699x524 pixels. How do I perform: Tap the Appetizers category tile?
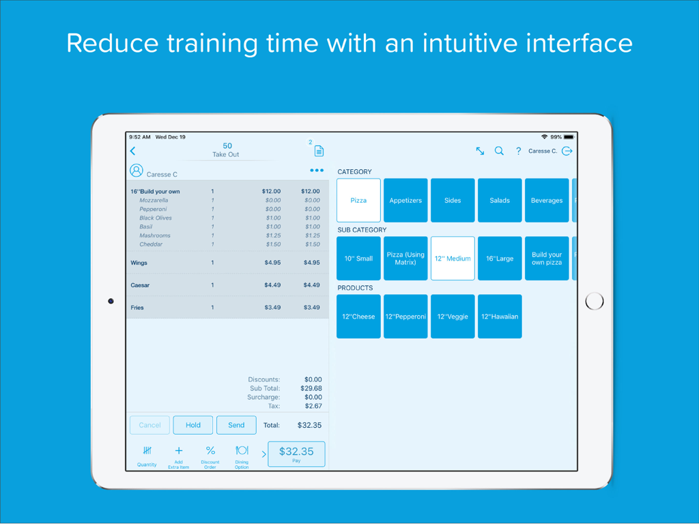click(405, 200)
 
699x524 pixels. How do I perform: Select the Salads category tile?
click(499, 200)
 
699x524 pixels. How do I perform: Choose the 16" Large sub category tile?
click(499, 259)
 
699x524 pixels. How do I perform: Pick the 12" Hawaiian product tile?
click(499, 317)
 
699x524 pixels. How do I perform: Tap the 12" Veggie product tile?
click(453, 317)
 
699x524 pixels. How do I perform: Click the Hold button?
click(193, 425)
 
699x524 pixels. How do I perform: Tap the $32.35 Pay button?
click(296, 454)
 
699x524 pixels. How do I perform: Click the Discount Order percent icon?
click(210, 450)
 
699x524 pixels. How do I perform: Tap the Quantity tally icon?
click(147, 450)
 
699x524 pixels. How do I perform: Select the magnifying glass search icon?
click(499, 151)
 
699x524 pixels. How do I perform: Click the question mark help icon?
click(518, 151)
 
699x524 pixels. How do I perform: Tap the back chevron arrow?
click(132, 151)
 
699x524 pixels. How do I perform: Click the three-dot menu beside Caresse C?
click(317, 170)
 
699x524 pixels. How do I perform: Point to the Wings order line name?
click(139, 263)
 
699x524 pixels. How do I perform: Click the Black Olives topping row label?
click(155, 218)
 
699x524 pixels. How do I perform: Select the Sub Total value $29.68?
click(311, 388)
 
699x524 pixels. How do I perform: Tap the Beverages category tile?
click(547, 200)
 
